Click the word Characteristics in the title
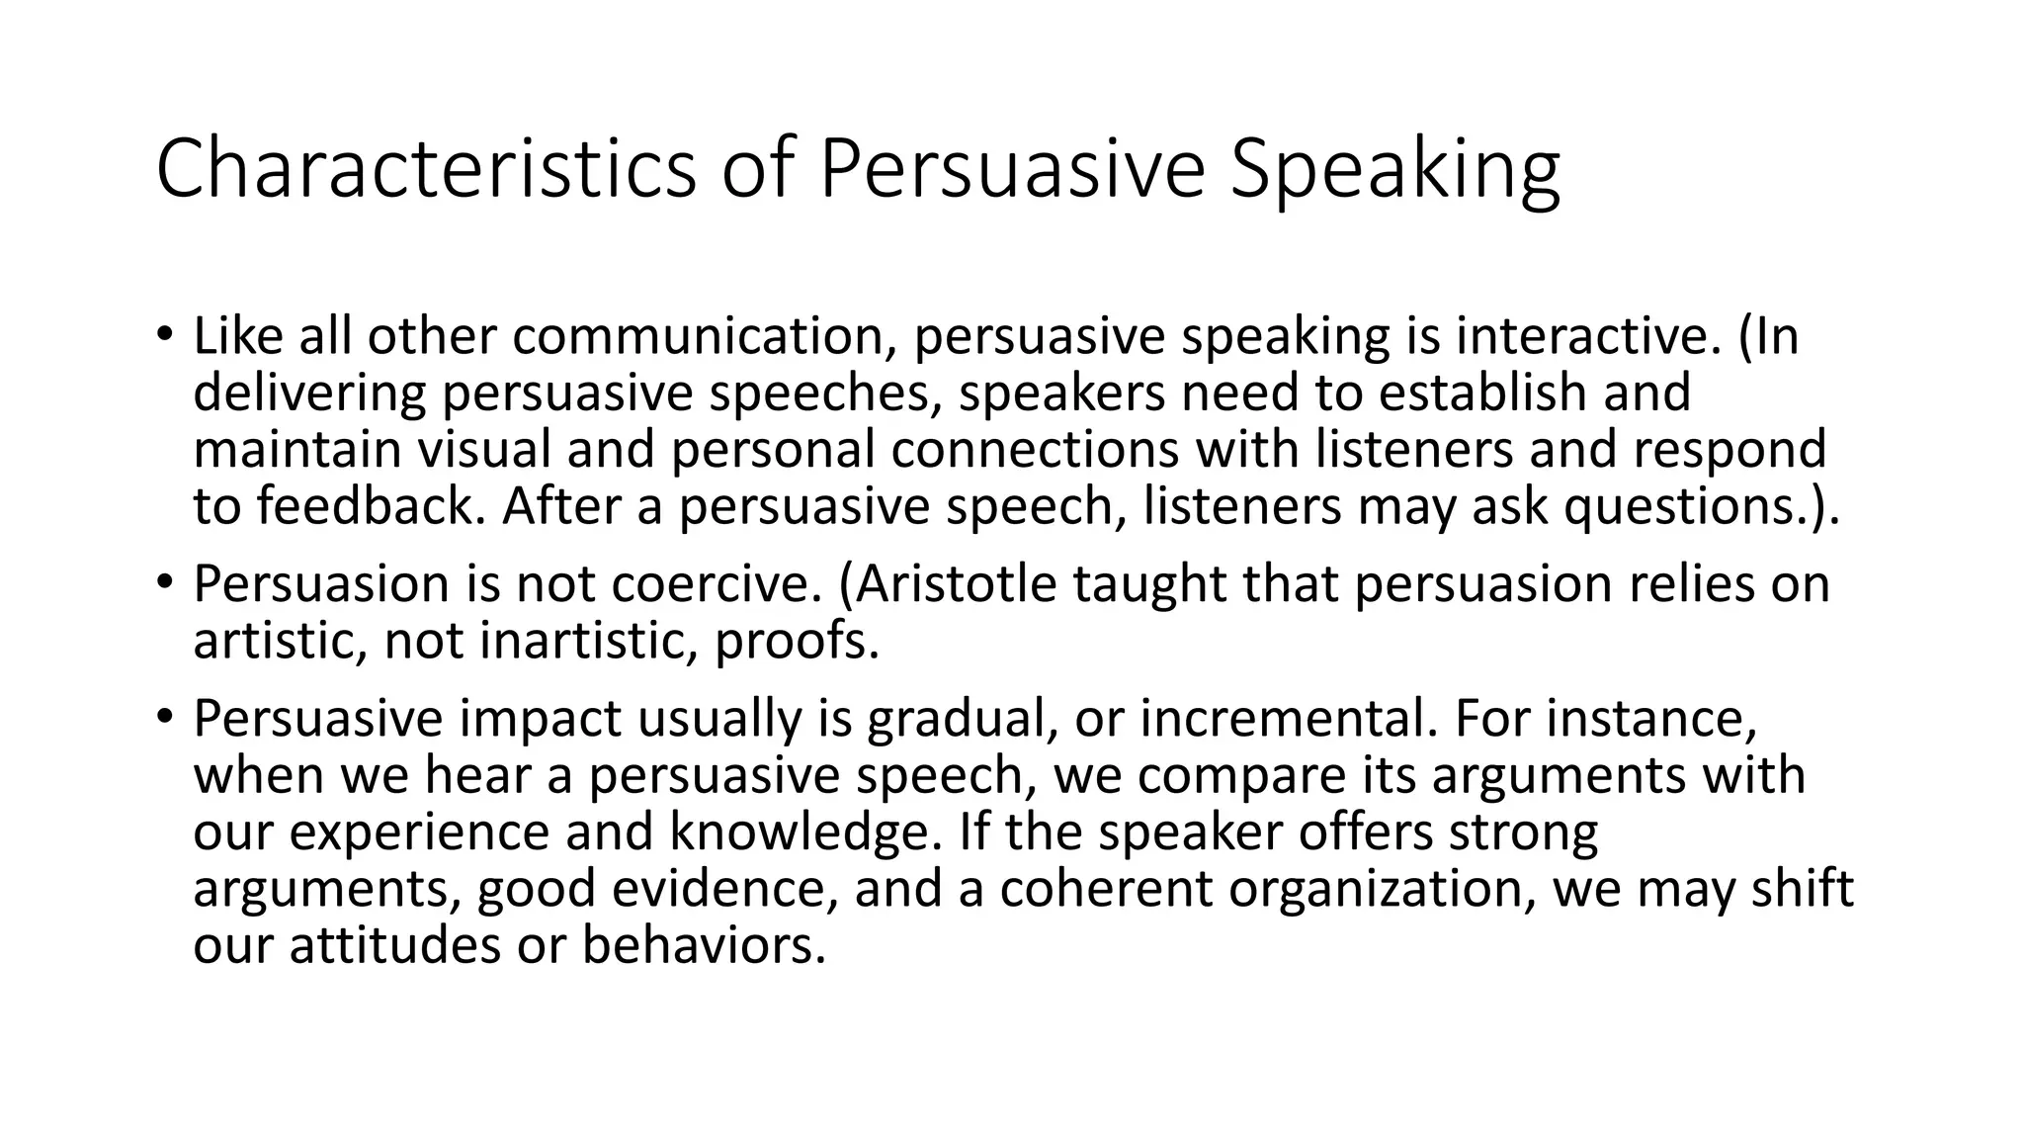pyautogui.click(x=426, y=169)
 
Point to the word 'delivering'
pyautogui.click(x=309, y=394)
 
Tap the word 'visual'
pyautogui.click(x=483, y=450)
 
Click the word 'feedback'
pyautogui.click(x=372, y=506)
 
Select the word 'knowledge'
pyautogui.click(x=800, y=832)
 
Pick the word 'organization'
pyautogui.click(x=1383, y=888)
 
